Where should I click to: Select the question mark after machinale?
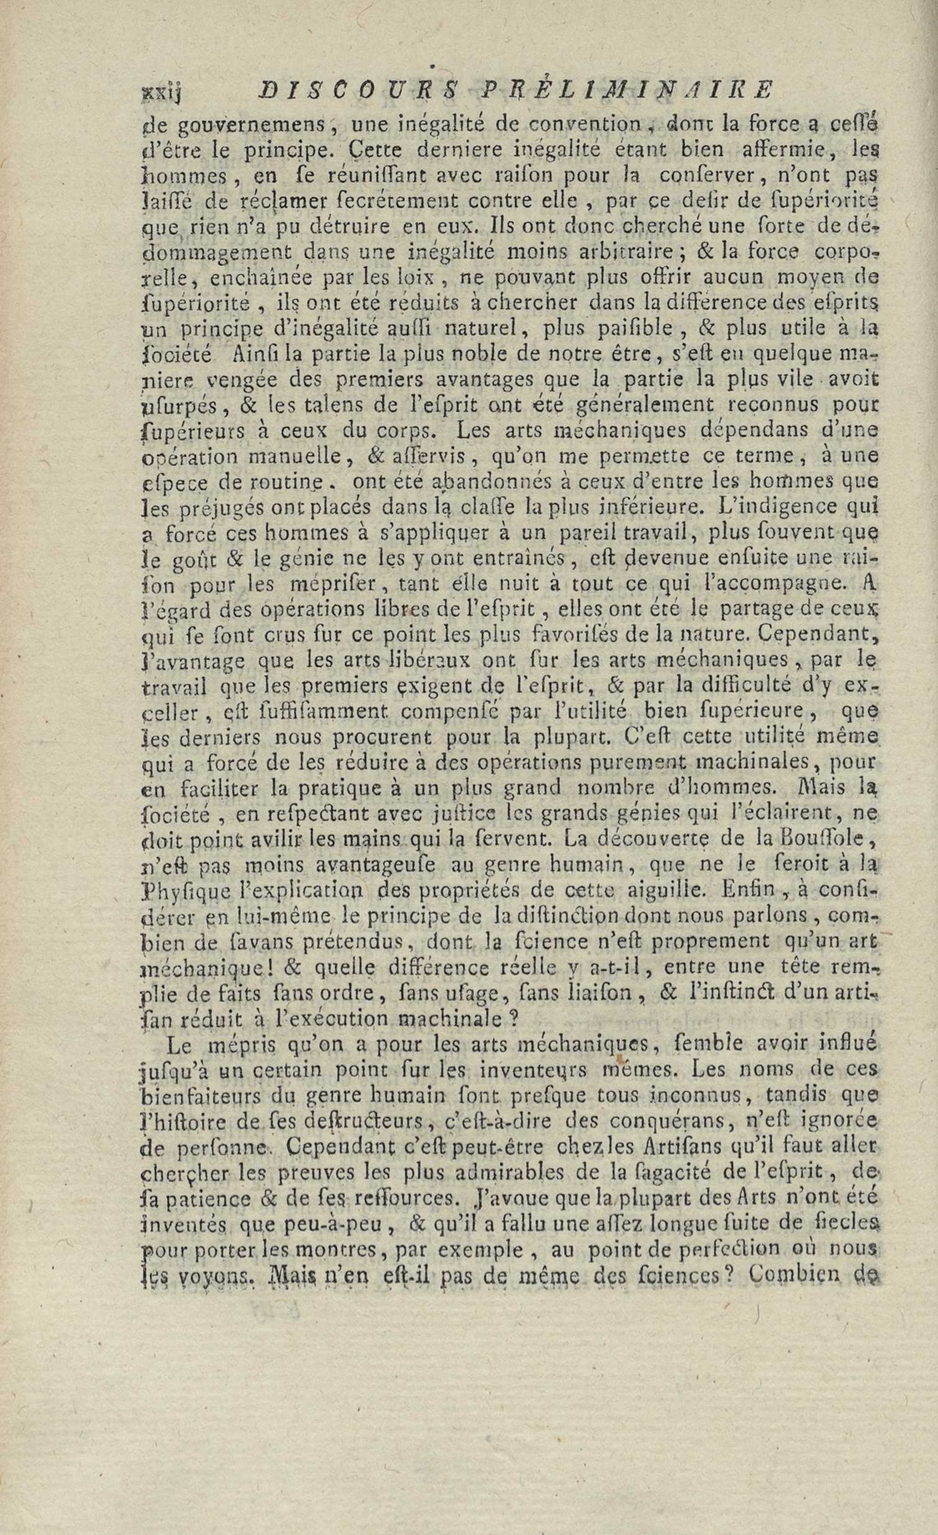click(x=515, y=1018)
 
